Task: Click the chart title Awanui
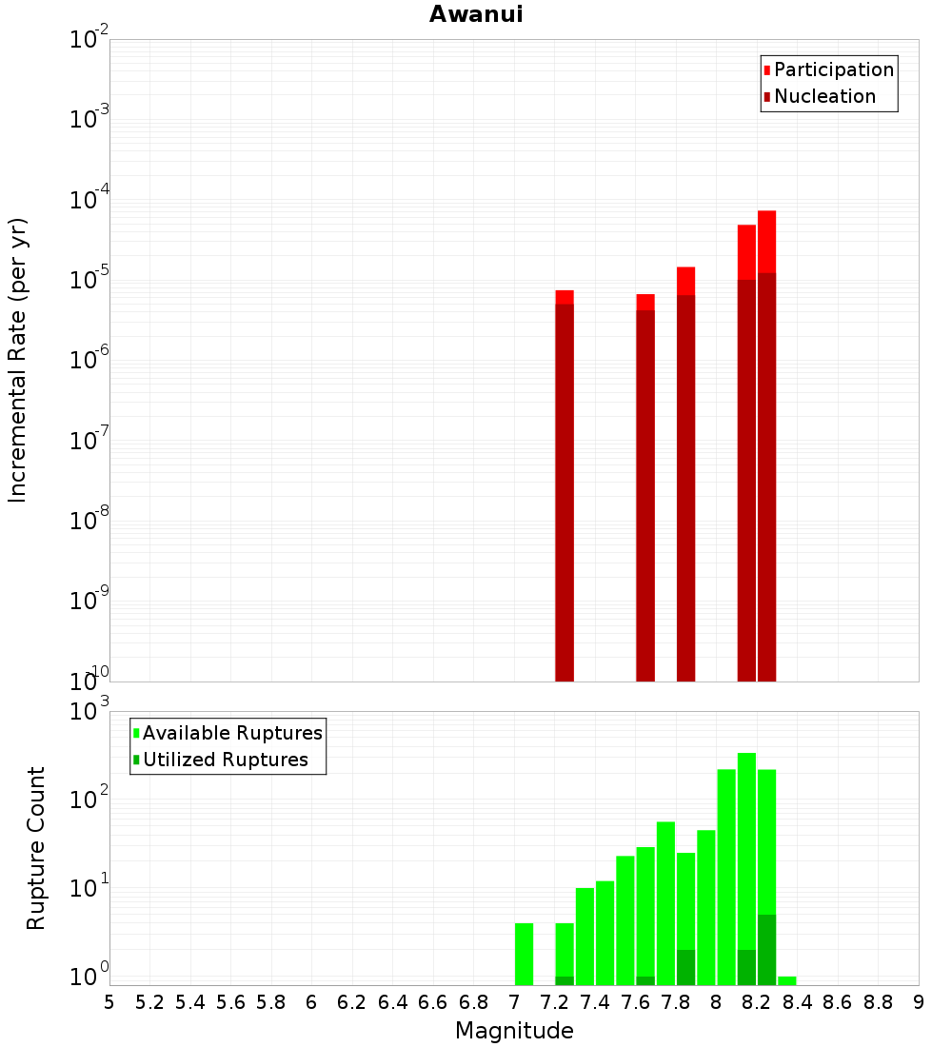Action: (476, 14)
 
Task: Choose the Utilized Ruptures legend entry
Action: (225, 760)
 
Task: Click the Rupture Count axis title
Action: (36, 847)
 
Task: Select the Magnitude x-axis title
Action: (514, 1031)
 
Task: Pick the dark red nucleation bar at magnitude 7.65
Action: (645, 495)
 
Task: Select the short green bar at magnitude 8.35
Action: (787, 980)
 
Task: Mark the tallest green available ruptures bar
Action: (746, 857)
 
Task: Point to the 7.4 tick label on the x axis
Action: (595, 1002)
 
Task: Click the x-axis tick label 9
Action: (919, 1002)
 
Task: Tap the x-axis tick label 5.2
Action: (149, 1002)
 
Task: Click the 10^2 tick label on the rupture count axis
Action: (91, 799)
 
